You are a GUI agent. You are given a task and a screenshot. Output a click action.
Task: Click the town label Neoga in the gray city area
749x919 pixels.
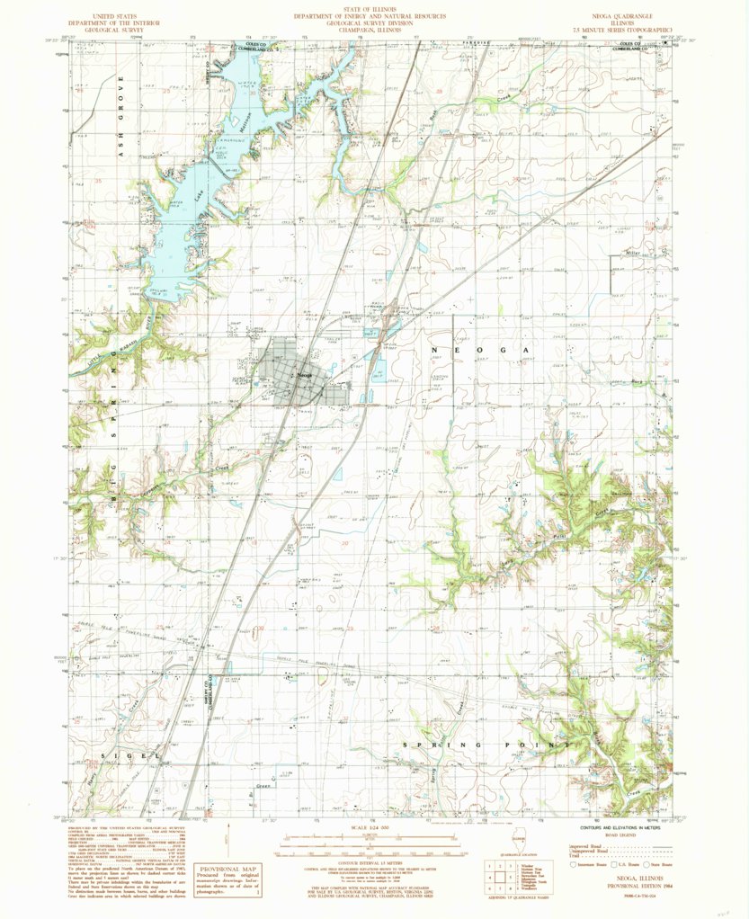point(305,373)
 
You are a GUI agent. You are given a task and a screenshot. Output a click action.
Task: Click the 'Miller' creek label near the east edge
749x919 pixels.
point(637,254)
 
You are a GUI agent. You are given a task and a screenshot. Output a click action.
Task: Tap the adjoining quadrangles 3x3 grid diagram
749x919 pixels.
point(494,875)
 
